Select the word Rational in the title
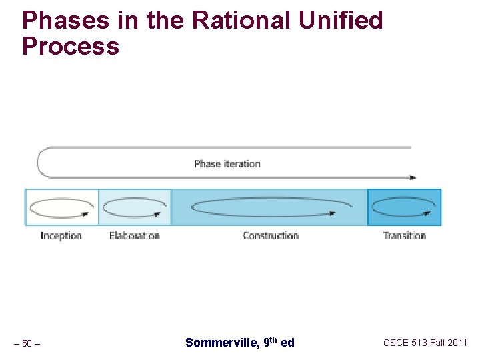tap(241, 21)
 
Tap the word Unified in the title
tap(341, 21)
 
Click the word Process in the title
tap(71, 47)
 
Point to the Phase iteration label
tap(227, 163)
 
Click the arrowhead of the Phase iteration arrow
tap(413, 177)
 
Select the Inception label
tap(61, 235)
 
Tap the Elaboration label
tap(134, 235)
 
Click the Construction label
tap(270, 235)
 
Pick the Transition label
tap(404, 235)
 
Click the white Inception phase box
tap(61, 207)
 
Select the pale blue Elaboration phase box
tap(135, 207)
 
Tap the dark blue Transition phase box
tap(404, 207)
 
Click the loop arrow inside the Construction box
tap(264, 207)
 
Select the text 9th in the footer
tap(270, 342)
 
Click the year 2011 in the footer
tap(457, 343)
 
